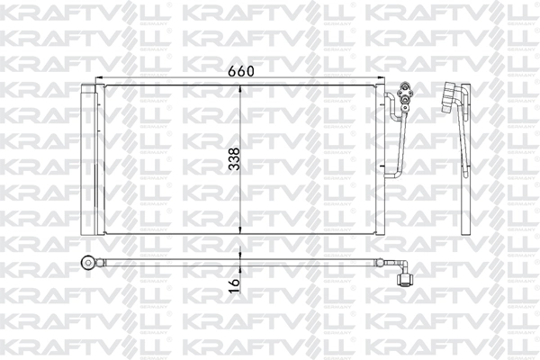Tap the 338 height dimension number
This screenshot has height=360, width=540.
click(x=233, y=157)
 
